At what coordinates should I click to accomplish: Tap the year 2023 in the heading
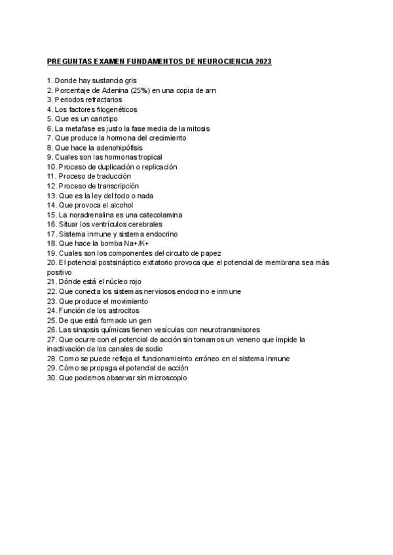pos(263,62)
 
